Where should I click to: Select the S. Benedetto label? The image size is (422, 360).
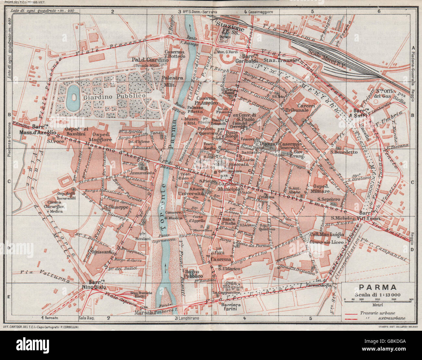[x=341, y=152]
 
